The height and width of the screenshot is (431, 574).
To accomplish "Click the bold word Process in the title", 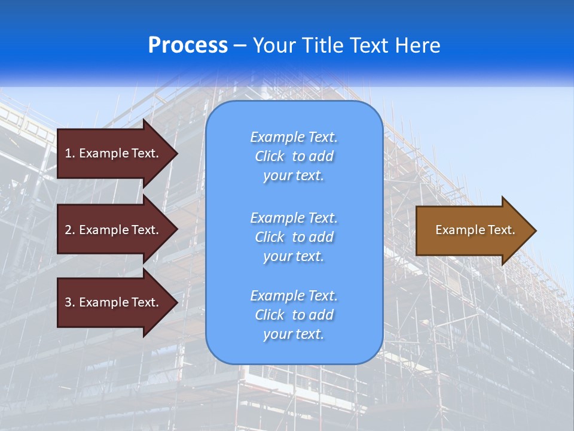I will point(188,45).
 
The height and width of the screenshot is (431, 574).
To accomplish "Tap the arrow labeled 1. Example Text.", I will point(114,153).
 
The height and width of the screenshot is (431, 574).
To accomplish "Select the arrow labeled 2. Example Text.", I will point(114,230).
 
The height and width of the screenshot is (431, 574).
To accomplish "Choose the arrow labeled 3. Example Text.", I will point(114,302).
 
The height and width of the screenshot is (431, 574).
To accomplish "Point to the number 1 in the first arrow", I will point(68,153).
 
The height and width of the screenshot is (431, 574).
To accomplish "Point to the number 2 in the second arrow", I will point(68,230).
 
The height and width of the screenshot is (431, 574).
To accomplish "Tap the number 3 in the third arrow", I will point(68,302).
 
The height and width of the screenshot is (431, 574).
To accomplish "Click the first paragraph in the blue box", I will point(294,156).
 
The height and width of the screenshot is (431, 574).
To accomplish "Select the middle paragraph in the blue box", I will point(294,237).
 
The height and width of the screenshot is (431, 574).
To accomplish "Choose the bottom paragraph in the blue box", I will point(294,315).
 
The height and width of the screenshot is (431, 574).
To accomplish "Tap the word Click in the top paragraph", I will point(269,156).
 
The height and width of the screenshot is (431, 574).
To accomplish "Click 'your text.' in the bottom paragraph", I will point(294,334).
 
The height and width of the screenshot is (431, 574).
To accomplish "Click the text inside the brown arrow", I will point(475,230).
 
